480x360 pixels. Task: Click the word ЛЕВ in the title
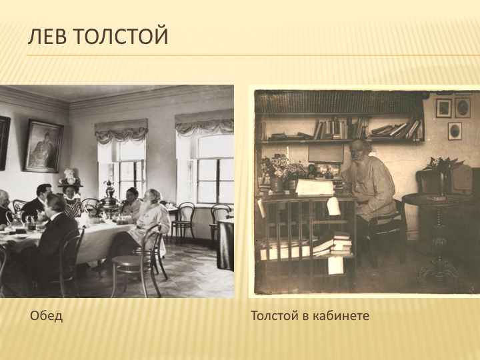click(47, 37)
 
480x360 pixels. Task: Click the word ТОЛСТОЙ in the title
click(121, 37)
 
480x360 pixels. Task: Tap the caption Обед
click(47, 315)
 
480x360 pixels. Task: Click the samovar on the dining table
click(109, 197)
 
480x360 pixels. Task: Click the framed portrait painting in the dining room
click(43, 146)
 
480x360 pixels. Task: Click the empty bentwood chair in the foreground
click(139, 259)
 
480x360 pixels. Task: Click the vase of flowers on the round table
click(443, 175)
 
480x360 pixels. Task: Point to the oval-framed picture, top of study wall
click(463, 108)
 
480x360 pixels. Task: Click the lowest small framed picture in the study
click(455, 131)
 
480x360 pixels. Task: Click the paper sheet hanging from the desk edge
click(333, 206)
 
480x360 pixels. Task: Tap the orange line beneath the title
click(253, 55)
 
